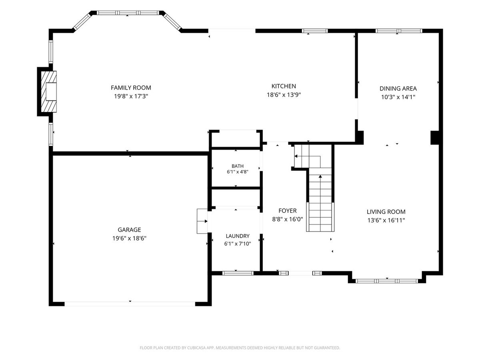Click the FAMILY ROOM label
point(131,88)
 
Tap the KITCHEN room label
point(284,86)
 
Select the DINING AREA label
point(398,88)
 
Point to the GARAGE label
point(129,230)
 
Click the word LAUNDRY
point(238,236)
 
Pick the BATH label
point(238,166)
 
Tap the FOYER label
point(287,211)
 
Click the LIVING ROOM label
point(386,212)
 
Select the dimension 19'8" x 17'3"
point(131,96)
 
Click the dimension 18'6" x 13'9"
point(284,95)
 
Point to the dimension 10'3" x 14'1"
point(398,97)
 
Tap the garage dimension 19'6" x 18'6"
point(129,238)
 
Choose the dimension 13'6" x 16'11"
point(386,220)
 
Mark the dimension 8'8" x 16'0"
point(287,219)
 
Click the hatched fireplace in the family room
point(49,92)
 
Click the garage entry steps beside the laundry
point(202,221)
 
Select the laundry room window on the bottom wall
point(238,273)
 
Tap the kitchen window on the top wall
point(315,31)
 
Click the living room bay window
point(387,281)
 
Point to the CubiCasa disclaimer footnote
point(240,348)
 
